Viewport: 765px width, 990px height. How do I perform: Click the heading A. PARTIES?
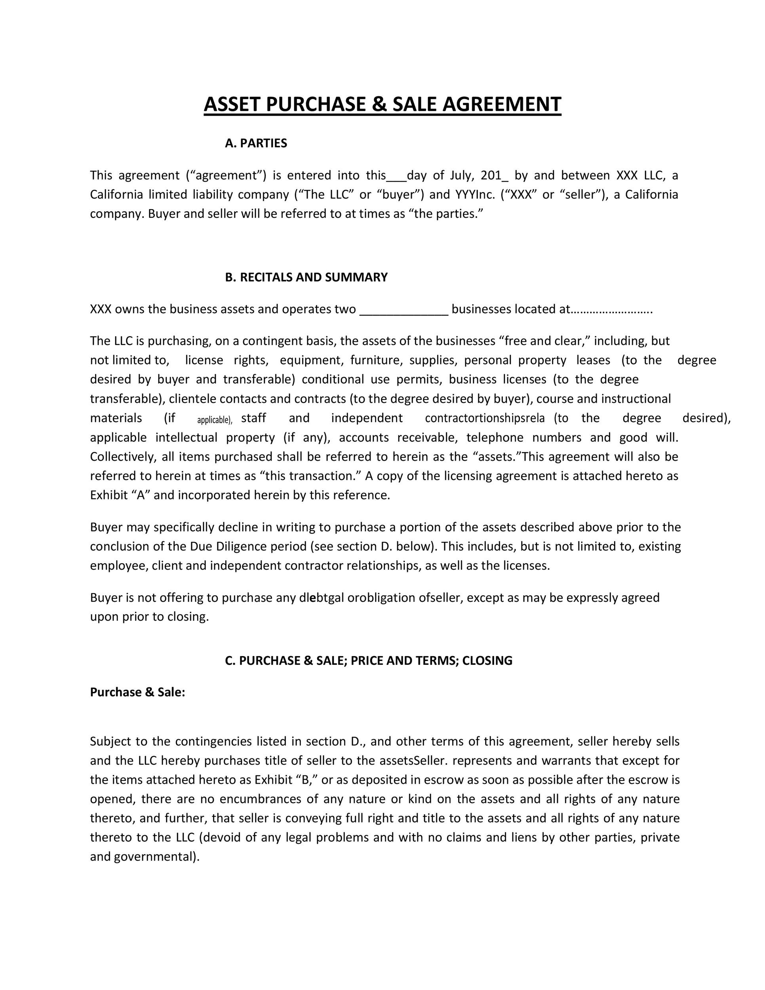coord(256,143)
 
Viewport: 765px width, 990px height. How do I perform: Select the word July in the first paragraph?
coord(461,175)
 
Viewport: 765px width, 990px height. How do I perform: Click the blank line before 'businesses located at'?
coord(403,310)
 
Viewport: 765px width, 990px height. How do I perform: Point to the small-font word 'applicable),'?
coord(214,420)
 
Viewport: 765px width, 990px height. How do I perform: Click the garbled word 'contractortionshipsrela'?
coord(485,418)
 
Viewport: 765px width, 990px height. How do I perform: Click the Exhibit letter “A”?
coord(141,495)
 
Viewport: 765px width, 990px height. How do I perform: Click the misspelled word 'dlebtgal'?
coord(322,598)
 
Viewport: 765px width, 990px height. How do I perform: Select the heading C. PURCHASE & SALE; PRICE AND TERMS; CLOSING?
coord(369,661)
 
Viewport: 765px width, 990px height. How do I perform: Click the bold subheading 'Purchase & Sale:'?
coord(138,692)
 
